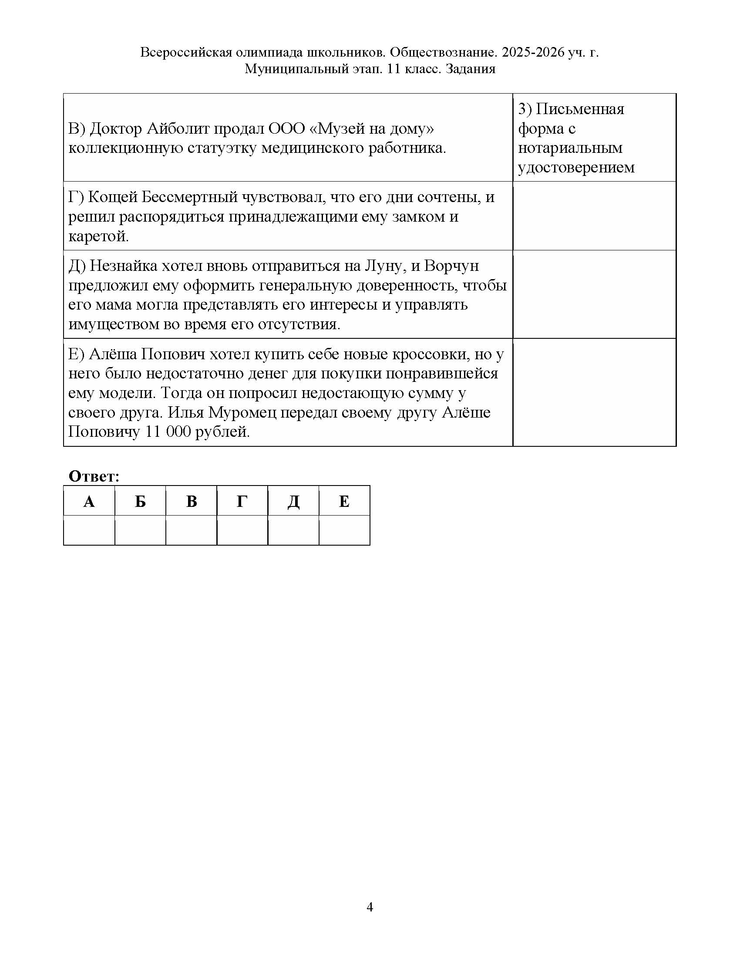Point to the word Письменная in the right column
[x=580, y=109]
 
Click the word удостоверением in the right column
[x=576, y=168]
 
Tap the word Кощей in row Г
[x=112, y=197]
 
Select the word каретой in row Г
[x=99, y=236]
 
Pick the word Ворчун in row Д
[x=451, y=266]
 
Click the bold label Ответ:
[x=94, y=476]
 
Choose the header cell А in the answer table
[x=89, y=501]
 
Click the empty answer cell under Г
[x=242, y=530]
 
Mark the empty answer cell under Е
[x=344, y=530]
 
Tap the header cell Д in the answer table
[x=293, y=501]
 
